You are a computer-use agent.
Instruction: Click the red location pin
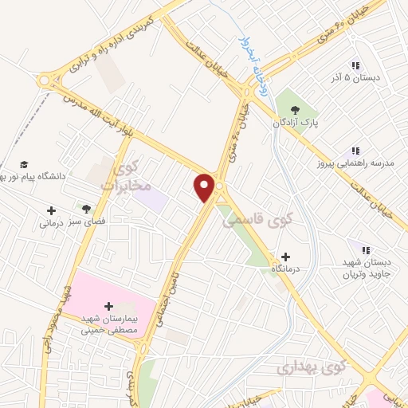coord(205,188)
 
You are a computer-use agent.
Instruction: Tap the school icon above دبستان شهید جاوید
coord(366,250)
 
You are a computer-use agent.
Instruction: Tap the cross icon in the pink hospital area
coord(108,306)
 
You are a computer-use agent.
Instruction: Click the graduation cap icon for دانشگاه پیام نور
coord(23,162)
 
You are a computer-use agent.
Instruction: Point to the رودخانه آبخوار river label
coord(256,61)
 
